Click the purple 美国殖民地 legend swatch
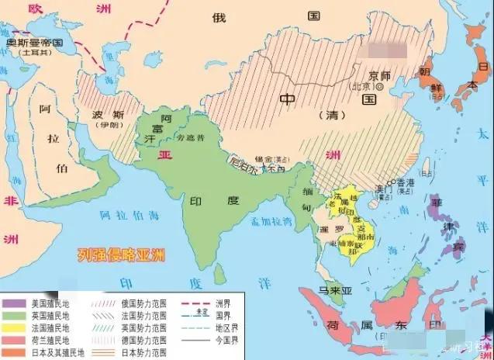point(15,303)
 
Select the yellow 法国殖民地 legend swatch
point(15,327)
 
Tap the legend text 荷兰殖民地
point(50,340)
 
